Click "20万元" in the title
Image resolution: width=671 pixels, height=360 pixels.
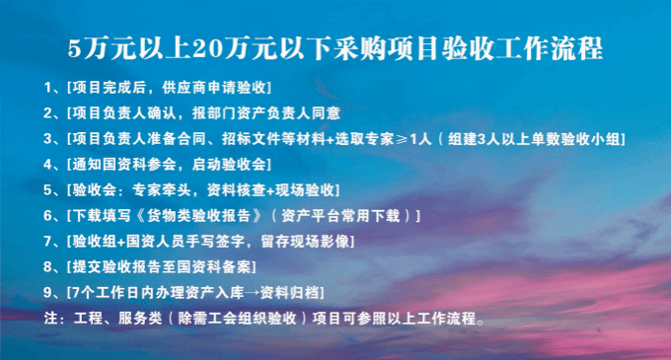pyautogui.click(x=234, y=48)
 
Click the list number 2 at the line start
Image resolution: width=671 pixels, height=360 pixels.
pyautogui.click(x=48, y=113)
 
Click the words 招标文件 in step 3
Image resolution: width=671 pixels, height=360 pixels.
pyautogui.click(x=252, y=139)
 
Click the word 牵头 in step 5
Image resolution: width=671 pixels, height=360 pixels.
pyautogui.click(x=177, y=190)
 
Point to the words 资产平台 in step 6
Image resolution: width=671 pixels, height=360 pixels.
pyautogui.click(x=310, y=216)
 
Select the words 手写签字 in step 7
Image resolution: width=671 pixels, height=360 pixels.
pyautogui.click(x=229, y=242)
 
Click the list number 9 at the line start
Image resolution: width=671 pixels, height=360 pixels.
pyautogui.click(x=48, y=293)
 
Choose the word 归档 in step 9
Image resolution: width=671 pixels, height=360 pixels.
pyautogui.click(x=304, y=293)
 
